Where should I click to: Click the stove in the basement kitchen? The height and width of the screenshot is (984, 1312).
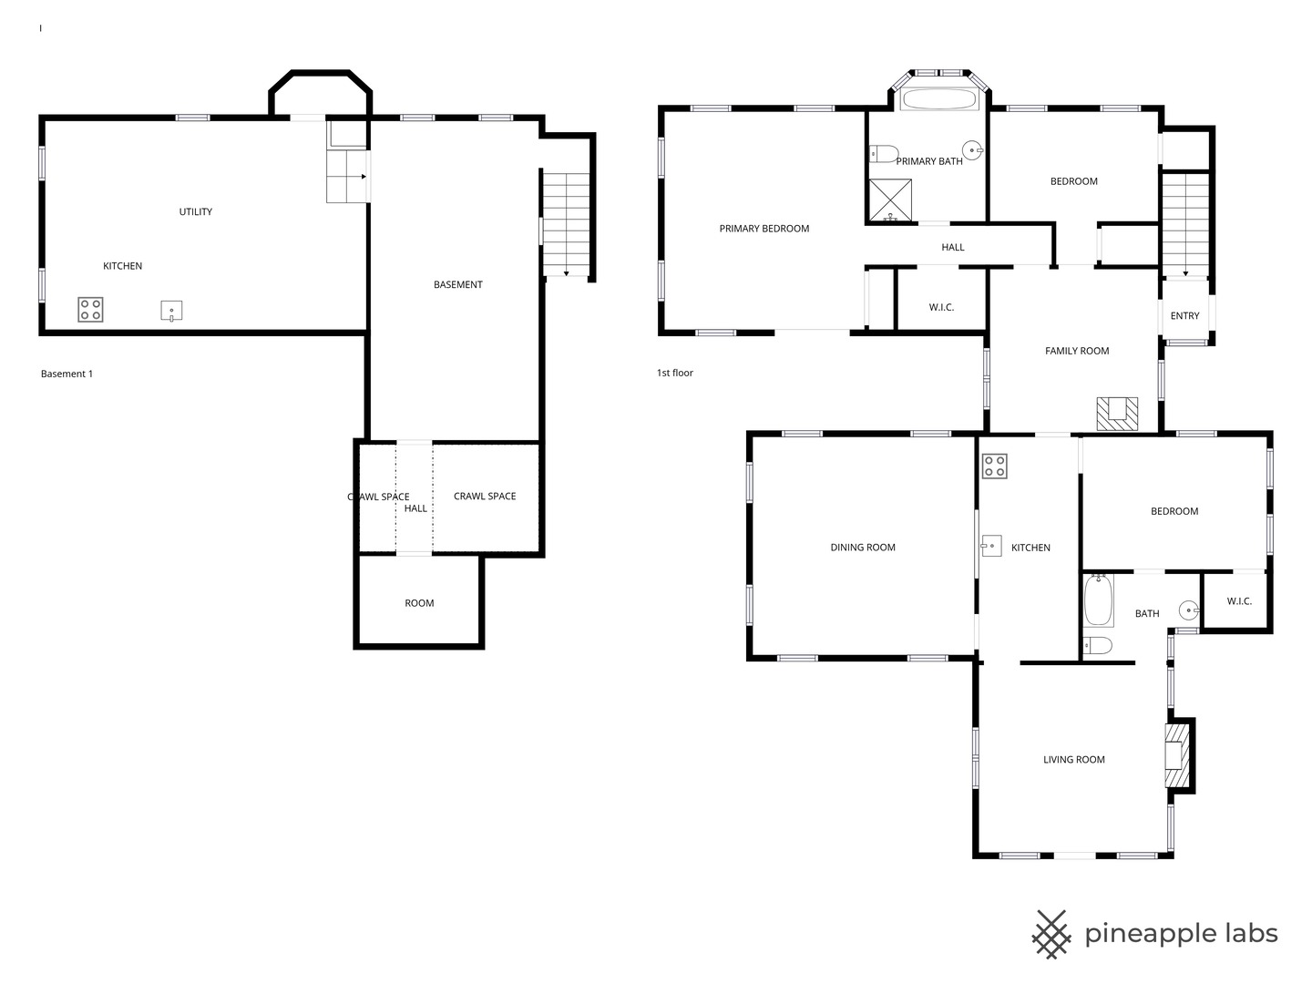point(90,310)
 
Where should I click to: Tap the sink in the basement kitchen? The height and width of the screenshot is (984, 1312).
point(171,311)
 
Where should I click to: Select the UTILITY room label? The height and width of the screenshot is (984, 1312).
point(196,211)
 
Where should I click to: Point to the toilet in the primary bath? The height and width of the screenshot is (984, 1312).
point(884,154)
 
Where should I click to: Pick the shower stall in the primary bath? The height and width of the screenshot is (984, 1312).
point(890,200)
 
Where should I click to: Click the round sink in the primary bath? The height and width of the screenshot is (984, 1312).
point(972,150)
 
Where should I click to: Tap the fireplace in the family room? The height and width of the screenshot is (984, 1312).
point(1116,414)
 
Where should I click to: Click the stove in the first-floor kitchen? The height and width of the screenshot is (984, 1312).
point(995,466)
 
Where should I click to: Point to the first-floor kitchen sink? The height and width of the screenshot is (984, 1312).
point(991,546)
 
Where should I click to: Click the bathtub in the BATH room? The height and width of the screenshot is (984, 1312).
point(1099,600)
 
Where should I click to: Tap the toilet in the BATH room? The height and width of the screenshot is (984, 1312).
point(1098,645)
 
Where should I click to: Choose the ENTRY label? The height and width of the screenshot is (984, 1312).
point(1184,315)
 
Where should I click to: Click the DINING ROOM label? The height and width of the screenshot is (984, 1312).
point(863,548)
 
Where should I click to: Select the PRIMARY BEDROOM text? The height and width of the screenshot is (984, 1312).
point(764,228)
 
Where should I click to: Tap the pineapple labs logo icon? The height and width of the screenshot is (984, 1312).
point(1051,935)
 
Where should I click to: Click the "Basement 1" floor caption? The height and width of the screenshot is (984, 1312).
point(67,374)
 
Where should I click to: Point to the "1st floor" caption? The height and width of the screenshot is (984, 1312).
point(675,373)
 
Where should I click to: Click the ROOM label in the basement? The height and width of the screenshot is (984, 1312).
point(419,603)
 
